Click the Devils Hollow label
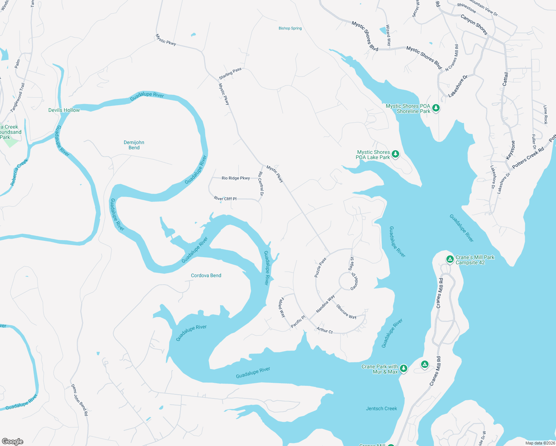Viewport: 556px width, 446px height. click(64, 110)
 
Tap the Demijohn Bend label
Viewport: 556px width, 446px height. click(134, 145)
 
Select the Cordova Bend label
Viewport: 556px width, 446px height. click(206, 275)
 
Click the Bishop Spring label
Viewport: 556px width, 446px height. click(290, 28)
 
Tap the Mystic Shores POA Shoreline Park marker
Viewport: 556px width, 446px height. click(436, 108)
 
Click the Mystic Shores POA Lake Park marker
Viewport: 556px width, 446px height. click(395, 154)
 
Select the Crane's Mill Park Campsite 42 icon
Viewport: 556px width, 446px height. click(450, 259)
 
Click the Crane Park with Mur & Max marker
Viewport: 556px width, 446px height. click(404, 369)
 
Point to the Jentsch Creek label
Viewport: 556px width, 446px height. click(381, 408)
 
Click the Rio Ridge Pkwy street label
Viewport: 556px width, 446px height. click(236, 178)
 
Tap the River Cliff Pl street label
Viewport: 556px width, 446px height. click(225, 198)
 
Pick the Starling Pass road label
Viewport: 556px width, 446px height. click(230, 73)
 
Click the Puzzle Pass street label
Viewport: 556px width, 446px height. click(320, 268)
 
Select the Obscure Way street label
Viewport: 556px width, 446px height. click(346, 311)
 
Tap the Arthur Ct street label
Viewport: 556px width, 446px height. click(324, 330)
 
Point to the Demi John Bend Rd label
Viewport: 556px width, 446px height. click(80, 400)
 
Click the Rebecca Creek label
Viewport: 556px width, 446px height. click(19, 172)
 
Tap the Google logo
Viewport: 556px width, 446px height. click(13, 441)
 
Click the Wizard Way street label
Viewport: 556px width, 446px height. click(388, 36)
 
